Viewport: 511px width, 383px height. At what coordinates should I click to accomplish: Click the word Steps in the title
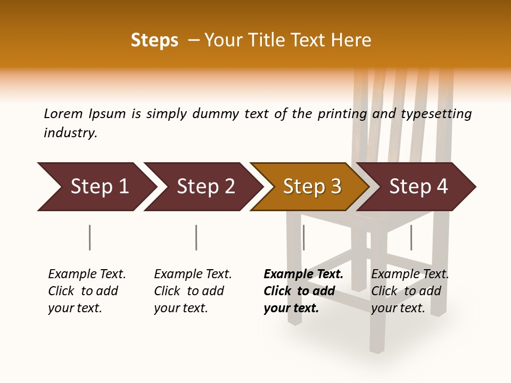154,40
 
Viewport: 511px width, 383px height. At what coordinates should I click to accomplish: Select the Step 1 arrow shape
96,187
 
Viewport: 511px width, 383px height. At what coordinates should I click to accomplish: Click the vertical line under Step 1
89,237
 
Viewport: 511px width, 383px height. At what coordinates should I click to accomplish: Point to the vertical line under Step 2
196,237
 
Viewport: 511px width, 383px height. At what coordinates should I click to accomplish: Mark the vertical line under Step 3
303,237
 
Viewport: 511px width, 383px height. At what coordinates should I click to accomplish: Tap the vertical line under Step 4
411,237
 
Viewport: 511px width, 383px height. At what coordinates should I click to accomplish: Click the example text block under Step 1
87,291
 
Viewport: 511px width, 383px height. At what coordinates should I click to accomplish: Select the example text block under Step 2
193,291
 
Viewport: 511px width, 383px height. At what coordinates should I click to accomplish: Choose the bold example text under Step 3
303,291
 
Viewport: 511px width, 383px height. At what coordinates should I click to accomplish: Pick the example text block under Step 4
410,291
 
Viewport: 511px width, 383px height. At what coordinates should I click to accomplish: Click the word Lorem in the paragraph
63,113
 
